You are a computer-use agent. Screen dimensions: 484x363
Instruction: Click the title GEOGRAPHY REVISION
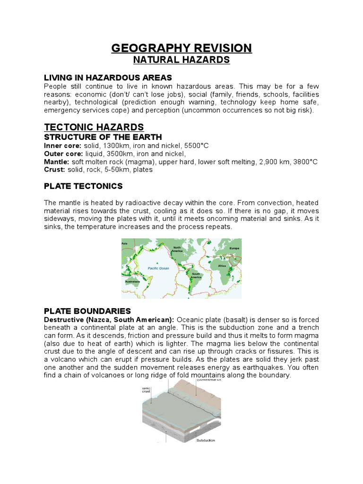tap(181, 48)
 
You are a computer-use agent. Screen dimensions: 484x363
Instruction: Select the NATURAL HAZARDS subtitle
tap(181, 60)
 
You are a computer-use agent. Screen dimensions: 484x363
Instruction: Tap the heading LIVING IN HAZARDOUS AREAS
tap(108, 78)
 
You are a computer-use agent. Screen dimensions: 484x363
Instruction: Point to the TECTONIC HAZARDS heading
tap(94, 127)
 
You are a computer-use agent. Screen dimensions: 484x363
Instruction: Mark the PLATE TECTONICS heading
tap(83, 186)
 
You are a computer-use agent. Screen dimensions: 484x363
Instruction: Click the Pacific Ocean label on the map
tap(158, 268)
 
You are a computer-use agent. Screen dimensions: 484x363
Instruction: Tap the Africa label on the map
tap(222, 266)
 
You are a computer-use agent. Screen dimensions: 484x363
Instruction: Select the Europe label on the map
tap(234, 248)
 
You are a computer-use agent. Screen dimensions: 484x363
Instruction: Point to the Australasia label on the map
tap(132, 282)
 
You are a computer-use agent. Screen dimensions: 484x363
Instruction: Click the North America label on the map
tap(177, 249)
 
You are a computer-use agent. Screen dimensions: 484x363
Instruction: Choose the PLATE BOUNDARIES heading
tap(87, 311)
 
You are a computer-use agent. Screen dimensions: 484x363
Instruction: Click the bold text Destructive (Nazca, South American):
tap(109, 320)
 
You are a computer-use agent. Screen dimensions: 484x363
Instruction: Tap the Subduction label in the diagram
tap(206, 440)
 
